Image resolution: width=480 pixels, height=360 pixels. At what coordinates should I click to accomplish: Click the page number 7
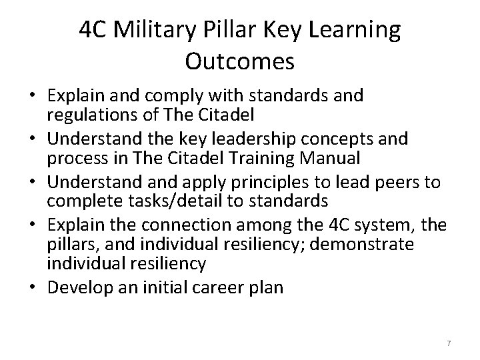[x=449, y=343]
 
